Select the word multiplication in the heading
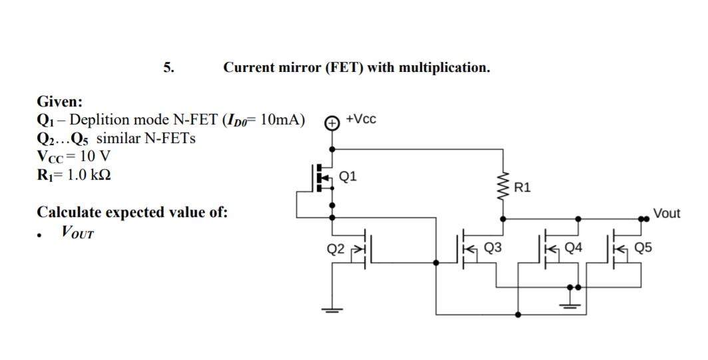[x=444, y=67]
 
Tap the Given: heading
[x=60, y=102]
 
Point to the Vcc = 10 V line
[x=73, y=157]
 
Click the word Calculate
[x=73, y=213]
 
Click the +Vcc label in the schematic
[x=362, y=119]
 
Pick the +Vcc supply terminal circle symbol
[x=331, y=122]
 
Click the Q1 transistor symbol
[x=324, y=178]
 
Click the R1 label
[x=522, y=188]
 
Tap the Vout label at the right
[x=667, y=214]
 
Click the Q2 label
[x=336, y=250]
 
